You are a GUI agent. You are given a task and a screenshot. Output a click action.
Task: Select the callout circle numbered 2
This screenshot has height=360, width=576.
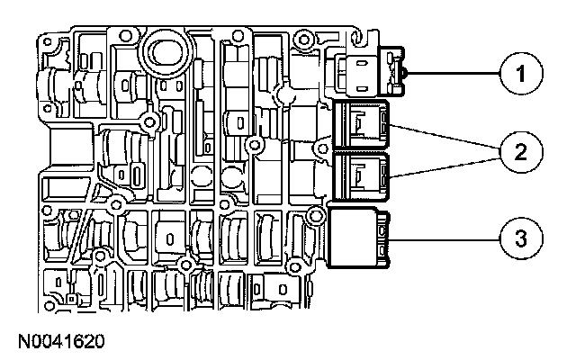(514, 151)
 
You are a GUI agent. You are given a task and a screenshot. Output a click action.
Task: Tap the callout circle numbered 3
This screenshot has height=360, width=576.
(514, 238)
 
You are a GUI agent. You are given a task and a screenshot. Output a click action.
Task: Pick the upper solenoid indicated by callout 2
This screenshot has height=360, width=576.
(360, 125)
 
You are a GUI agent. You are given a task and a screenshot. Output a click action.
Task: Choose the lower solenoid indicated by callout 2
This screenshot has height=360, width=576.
(360, 175)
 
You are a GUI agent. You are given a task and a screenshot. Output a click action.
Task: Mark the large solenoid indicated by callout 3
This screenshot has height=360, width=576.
(357, 238)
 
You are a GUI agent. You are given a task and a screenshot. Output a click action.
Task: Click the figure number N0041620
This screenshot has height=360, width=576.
(59, 341)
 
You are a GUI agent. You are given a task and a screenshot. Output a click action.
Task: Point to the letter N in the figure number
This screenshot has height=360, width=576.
(21, 341)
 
